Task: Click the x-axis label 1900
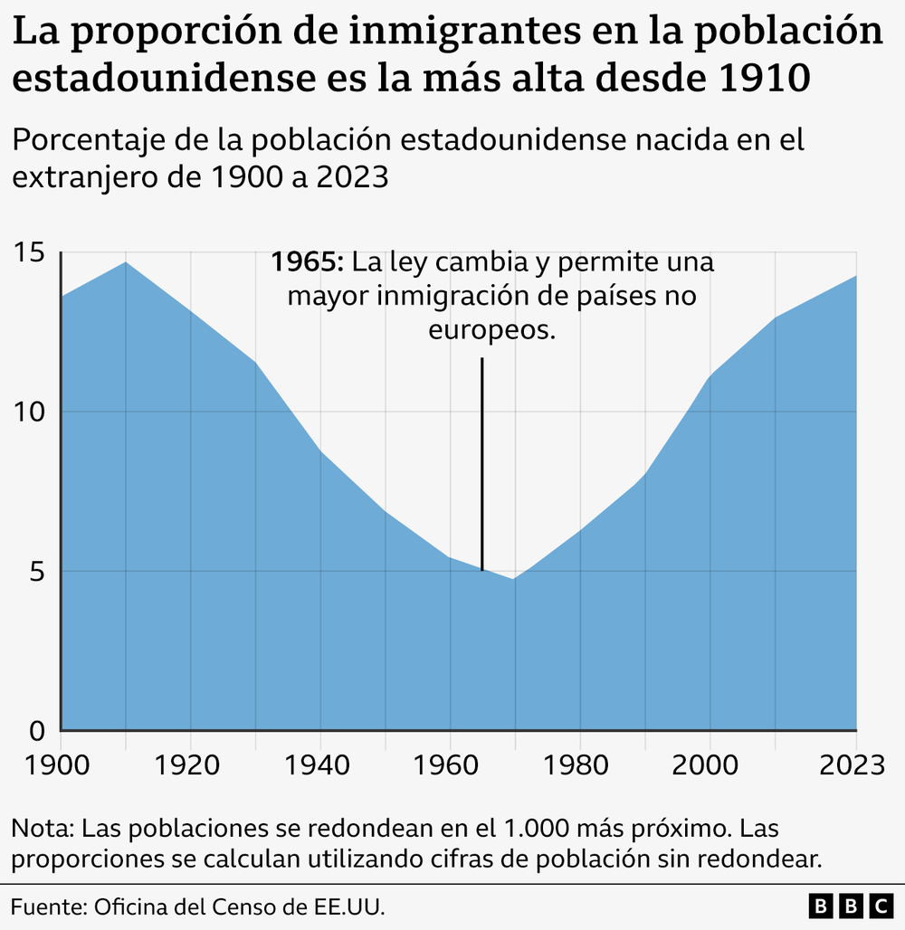(60, 765)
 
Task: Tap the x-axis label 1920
(190, 765)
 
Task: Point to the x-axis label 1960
(449, 765)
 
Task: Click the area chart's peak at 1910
(126, 262)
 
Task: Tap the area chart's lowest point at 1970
(514, 579)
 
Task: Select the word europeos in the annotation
(491, 330)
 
